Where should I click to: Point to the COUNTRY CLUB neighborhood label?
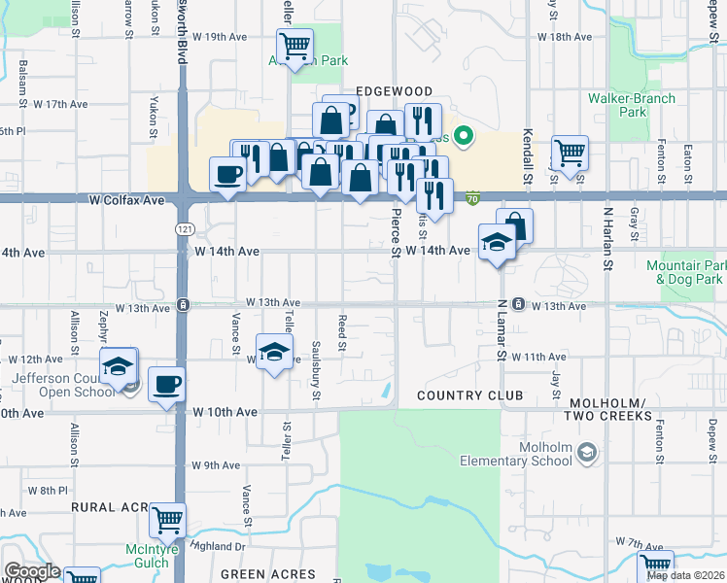point(469,395)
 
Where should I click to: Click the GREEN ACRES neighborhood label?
point(268,574)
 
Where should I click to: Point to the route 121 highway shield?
point(182,228)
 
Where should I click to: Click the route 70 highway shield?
point(472,198)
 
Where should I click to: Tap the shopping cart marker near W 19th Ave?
point(294,45)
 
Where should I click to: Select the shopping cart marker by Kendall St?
point(570,152)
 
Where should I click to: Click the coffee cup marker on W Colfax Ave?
point(228,176)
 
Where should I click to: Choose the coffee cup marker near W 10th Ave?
point(167,384)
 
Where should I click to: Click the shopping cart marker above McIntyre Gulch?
point(168,522)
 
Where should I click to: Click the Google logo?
point(32,571)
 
